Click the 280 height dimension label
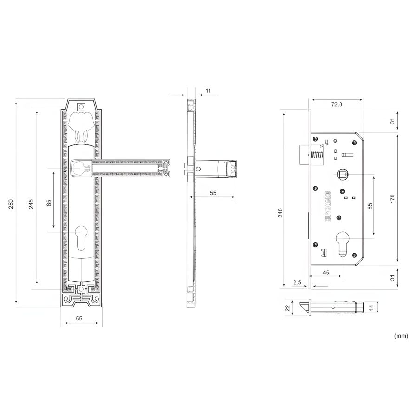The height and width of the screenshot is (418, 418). click(x=11, y=204)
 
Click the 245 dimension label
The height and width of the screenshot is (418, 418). click(x=31, y=204)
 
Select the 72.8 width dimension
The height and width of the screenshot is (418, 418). click(x=336, y=104)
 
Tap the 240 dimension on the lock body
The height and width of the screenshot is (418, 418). click(x=280, y=213)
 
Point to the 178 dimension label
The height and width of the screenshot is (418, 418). click(x=392, y=199)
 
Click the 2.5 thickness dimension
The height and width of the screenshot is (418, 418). click(x=297, y=282)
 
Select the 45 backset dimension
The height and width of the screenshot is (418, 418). click(x=326, y=273)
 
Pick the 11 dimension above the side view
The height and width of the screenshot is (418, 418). click(x=208, y=91)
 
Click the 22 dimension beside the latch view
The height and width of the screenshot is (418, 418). click(x=287, y=308)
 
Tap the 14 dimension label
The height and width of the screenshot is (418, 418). click(x=372, y=307)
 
